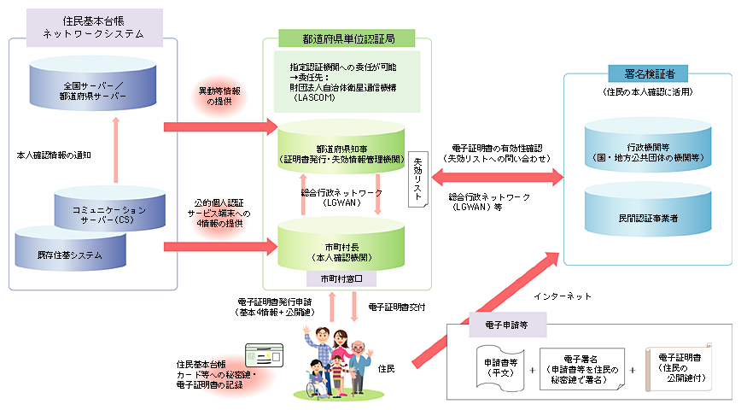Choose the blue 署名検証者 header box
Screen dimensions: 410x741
(648, 73)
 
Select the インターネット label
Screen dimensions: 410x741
(562, 296)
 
